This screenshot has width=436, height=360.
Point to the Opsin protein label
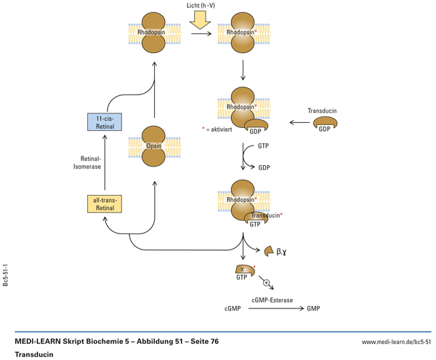click(x=153, y=146)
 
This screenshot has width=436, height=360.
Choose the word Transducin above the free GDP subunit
click(x=322, y=111)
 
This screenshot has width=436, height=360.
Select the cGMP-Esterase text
click(x=273, y=299)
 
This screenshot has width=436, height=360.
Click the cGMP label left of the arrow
click(x=233, y=309)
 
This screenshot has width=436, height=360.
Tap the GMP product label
click(x=313, y=309)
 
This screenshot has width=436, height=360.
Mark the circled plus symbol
click(x=266, y=283)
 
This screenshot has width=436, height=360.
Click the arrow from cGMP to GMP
click(x=276, y=309)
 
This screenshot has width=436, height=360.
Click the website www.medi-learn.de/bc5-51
click(x=396, y=341)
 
